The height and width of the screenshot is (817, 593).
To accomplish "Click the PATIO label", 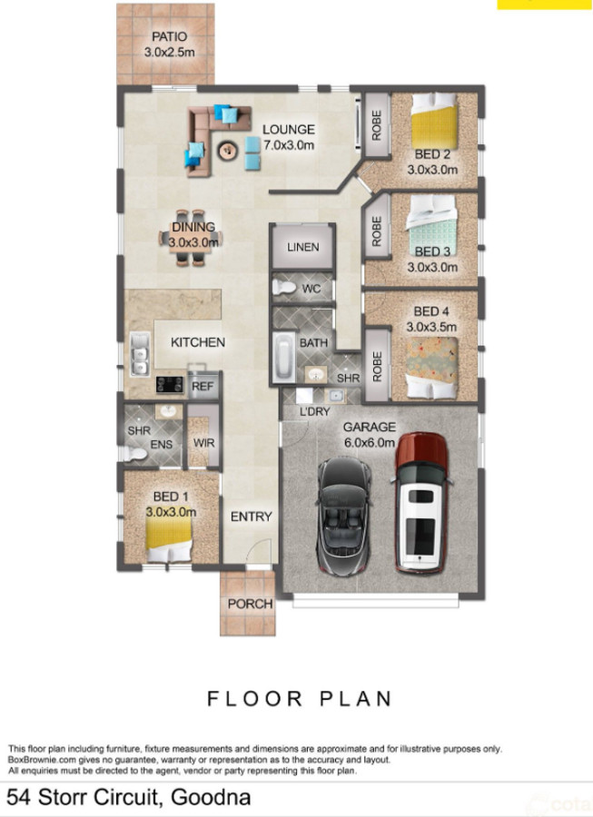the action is [x=169, y=37].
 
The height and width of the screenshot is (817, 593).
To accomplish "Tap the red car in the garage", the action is [x=421, y=503].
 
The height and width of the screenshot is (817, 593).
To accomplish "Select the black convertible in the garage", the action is [x=344, y=516].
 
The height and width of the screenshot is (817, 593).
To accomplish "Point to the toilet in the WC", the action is [x=283, y=287].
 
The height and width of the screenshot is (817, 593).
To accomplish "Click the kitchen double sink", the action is [x=140, y=354].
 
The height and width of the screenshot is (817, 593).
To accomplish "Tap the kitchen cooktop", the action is [x=170, y=385].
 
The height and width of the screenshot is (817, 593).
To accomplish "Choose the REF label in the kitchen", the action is [x=203, y=386].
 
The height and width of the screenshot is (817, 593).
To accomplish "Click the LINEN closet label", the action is [x=302, y=247].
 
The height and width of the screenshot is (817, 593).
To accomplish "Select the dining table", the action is [x=190, y=238].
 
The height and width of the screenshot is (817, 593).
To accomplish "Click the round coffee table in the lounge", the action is [x=227, y=151].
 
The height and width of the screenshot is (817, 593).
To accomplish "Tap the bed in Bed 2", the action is [x=434, y=122].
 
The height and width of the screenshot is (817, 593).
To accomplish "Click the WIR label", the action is [x=203, y=443].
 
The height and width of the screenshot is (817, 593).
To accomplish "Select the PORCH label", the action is [x=250, y=604].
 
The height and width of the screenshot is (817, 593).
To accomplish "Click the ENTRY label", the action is [x=252, y=517].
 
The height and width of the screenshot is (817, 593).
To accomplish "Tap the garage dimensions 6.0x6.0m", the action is [x=369, y=443].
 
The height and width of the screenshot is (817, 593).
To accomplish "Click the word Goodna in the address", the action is [x=211, y=797].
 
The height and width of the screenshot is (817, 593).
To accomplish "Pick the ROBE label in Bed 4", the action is [x=377, y=367].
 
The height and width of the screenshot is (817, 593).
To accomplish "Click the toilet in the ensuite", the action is [x=135, y=454].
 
